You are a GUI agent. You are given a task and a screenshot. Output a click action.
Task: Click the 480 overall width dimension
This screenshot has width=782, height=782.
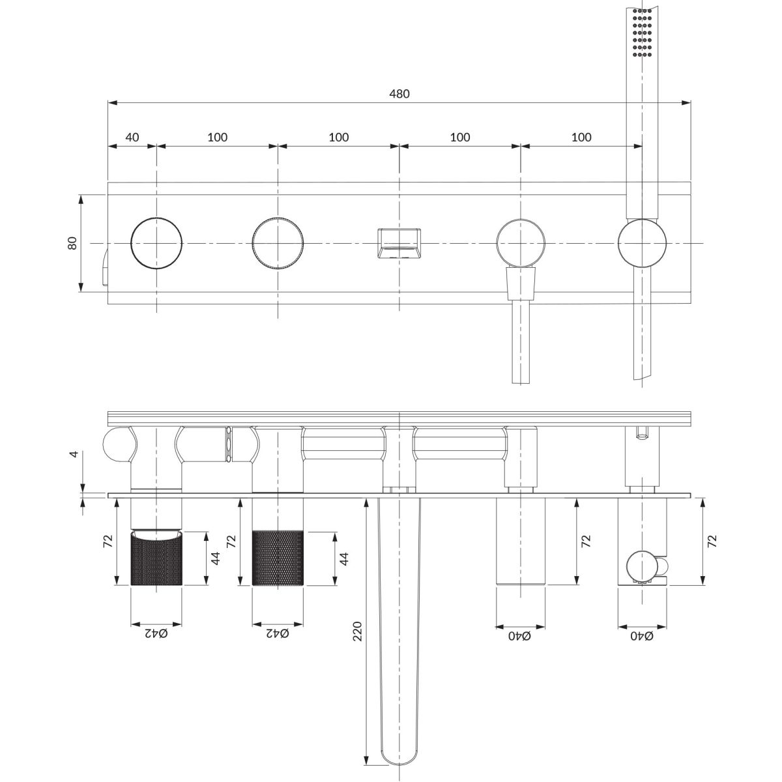pos(399,94)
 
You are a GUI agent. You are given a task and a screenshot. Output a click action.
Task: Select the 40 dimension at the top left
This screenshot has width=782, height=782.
pos(132,137)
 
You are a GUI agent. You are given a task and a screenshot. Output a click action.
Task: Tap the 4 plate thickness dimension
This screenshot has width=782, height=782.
pos(74,454)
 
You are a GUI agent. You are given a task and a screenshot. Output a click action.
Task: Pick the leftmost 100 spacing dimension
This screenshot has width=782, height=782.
pos(218,137)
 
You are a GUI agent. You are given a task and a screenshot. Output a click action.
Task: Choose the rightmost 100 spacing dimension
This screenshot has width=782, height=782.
pos(581,137)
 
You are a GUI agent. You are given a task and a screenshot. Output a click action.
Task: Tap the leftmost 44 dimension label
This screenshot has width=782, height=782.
pos(216,558)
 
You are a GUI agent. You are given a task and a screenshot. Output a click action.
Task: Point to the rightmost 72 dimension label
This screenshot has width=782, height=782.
pos(712,541)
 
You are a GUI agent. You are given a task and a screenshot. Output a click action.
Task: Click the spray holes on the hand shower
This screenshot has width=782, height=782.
pos(642,32)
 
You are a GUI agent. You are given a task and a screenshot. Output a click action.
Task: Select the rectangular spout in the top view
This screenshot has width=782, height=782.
pos(399,243)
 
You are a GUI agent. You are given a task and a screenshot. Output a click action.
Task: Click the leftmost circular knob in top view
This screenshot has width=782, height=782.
pos(156,243)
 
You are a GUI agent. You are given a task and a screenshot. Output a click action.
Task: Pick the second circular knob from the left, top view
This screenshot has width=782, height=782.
pos(278,243)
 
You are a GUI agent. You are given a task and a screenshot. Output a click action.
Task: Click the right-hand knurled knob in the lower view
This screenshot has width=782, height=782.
pos(278,558)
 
